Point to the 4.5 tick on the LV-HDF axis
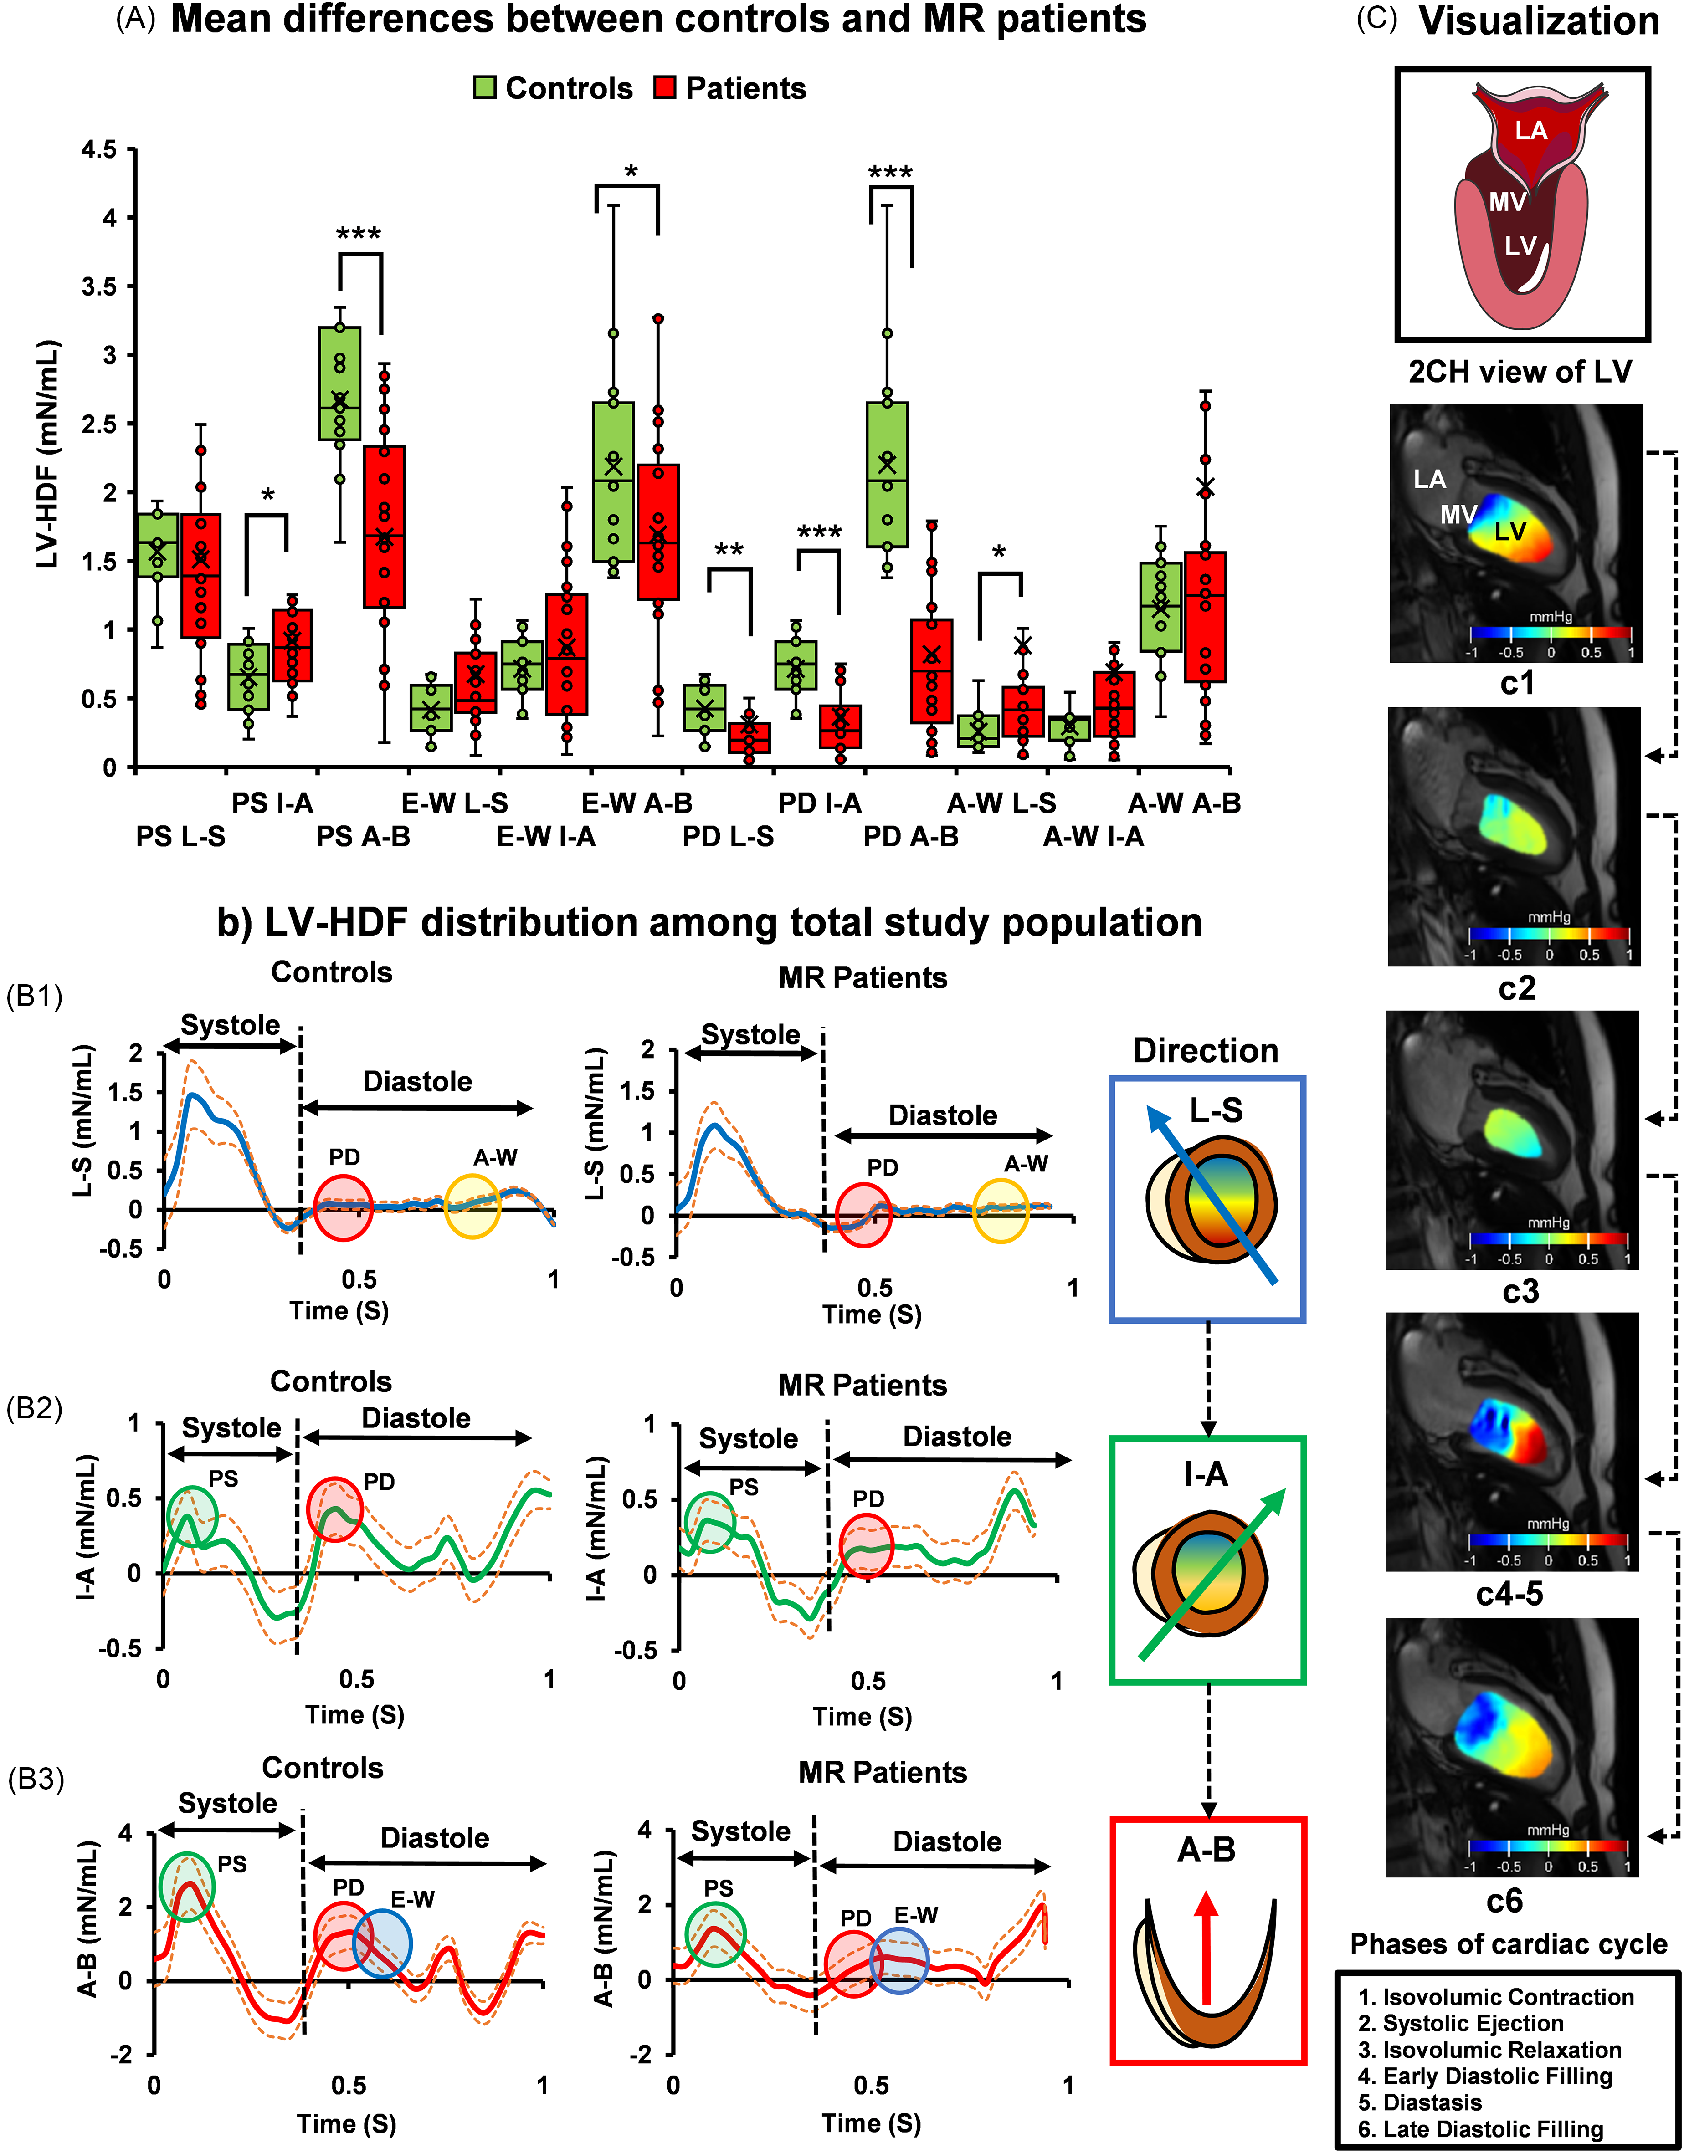tap(98, 150)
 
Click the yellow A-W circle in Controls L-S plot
tap(472, 1206)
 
